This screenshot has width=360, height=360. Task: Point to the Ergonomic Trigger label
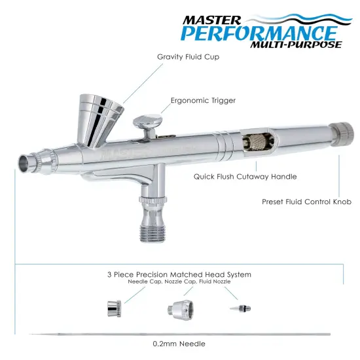202,100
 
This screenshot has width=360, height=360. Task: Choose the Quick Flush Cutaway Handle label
245,176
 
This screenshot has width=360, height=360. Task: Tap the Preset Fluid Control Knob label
306,202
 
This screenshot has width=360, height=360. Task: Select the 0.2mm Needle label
179,344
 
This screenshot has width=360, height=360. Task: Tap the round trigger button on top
146,121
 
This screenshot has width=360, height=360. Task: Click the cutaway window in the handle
251,142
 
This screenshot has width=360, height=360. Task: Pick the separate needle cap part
112,307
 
